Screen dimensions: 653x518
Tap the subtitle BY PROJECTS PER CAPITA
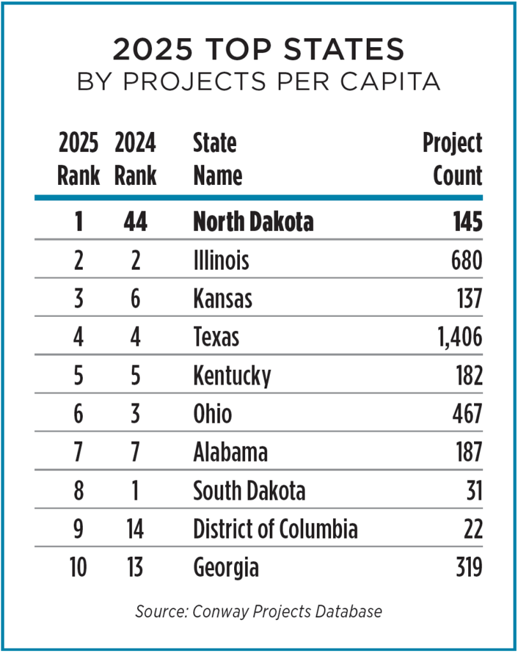coord(258,82)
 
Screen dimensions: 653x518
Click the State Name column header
coord(217,159)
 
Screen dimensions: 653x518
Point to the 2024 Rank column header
coord(135,159)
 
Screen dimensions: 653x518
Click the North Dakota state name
coord(253,222)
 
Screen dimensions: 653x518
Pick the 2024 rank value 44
coord(135,222)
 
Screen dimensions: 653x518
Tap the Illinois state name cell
coord(221,260)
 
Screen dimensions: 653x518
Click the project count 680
coord(464,260)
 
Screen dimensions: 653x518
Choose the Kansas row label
coord(223,298)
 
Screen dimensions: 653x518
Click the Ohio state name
coord(212,414)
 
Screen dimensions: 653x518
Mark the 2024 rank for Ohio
coord(135,414)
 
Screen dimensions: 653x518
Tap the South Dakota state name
coord(249,491)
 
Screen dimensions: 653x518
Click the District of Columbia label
coord(275,529)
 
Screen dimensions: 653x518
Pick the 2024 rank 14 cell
coord(135,529)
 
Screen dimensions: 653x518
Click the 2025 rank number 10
coord(78,568)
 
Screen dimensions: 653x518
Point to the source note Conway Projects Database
coord(258,611)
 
